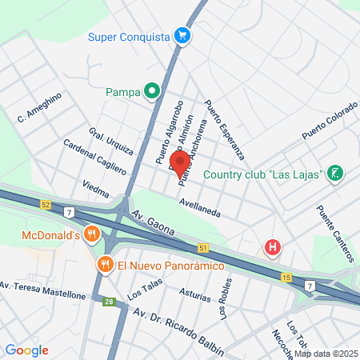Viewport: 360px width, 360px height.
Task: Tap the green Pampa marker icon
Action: coord(150,92)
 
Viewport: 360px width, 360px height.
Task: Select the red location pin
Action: coord(180,160)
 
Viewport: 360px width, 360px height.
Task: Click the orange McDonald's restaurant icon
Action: coord(92,234)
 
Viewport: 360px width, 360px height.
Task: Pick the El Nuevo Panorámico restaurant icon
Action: coord(104,264)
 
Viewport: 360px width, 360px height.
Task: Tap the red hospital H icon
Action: coord(273,246)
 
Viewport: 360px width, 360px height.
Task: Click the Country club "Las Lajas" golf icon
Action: coord(336,173)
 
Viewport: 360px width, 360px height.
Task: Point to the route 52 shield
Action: coord(46,206)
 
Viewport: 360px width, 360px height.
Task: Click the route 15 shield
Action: coord(286,277)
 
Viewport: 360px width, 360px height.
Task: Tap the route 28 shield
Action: coord(108,301)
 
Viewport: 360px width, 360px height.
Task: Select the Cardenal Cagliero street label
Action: coord(95,158)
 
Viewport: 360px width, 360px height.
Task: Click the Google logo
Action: coord(27,350)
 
